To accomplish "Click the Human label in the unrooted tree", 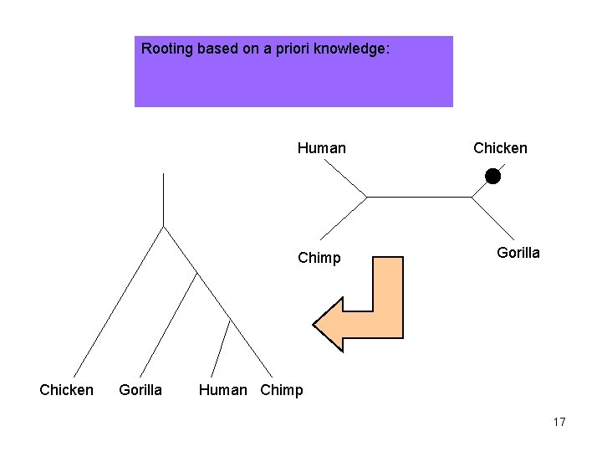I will [321, 148].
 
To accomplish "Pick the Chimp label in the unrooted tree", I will [319, 258].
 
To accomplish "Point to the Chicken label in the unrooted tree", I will [500, 148].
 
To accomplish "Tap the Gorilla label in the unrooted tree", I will [518, 253].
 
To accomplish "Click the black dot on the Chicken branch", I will [492, 176].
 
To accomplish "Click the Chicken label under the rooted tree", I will [67, 390].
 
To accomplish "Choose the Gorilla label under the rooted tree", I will [140, 390].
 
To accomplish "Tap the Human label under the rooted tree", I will [223, 390].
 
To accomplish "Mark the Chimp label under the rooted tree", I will [282, 390].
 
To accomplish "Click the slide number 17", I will [559, 422].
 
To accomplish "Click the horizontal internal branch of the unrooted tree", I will [418, 197].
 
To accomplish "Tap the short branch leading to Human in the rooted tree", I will [221, 347].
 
